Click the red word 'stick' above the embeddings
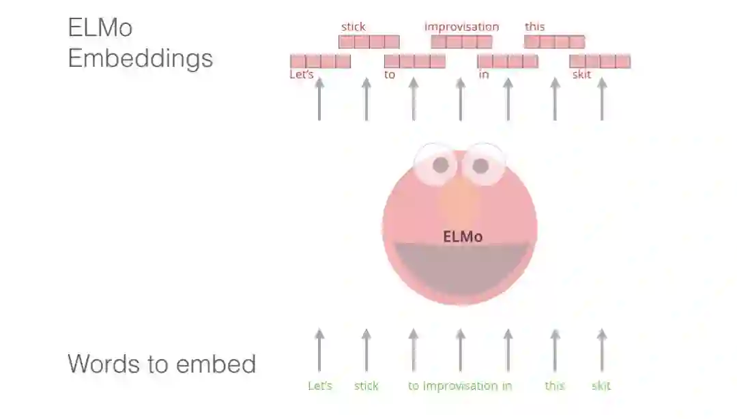point(353,27)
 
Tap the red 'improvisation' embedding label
point(462,27)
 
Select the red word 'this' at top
point(535,27)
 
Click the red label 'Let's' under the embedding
point(302,74)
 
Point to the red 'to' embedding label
point(390,74)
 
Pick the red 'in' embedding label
point(484,74)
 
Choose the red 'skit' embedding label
point(581,74)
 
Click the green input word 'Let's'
point(320,386)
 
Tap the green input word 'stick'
point(366,386)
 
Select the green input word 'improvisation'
point(461,386)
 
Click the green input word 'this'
point(555,386)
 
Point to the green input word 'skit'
point(601,386)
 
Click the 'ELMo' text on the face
point(463,237)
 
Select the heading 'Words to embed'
point(162,364)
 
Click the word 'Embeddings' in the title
point(141,58)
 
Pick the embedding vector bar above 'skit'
point(600,61)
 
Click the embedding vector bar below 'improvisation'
point(461,42)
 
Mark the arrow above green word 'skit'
point(601,350)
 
